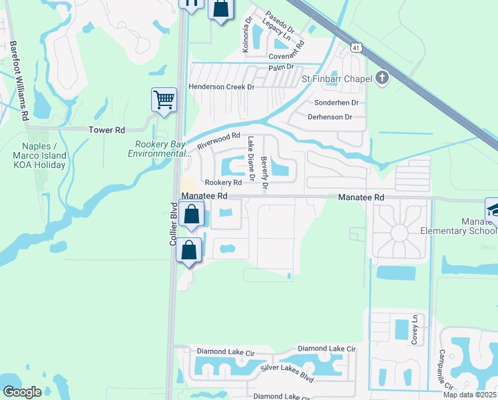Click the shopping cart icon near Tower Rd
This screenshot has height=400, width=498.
click(x=164, y=100)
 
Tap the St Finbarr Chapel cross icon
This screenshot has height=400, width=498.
click(x=382, y=79)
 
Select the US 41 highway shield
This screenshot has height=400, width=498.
click(x=357, y=48)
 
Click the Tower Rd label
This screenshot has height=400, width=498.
click(x=107, y=130)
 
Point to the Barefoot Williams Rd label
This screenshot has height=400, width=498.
click(x=19, y=81)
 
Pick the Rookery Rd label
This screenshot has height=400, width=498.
click(x=223, y=183)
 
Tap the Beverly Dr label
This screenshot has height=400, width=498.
click(x=264, y=174)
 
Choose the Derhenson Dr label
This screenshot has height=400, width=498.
click(x=330, y=117)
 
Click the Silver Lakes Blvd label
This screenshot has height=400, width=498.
click(x=287, y=373)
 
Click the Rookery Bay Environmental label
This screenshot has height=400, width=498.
click(x=158, y=149)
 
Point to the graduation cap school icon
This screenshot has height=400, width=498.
click(x=493, y=209)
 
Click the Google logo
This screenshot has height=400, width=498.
click(x=22, y=392)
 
